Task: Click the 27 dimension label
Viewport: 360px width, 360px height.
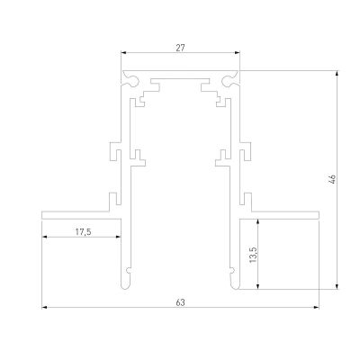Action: (x=181, y=46)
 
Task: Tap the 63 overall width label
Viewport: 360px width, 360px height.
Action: (x=181, y=302)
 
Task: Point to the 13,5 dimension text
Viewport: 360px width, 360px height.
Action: (x=253, y=254)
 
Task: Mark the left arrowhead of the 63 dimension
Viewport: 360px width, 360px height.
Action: (x=45, y=309)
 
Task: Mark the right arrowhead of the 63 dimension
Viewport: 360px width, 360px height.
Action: (x=317, y=309)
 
